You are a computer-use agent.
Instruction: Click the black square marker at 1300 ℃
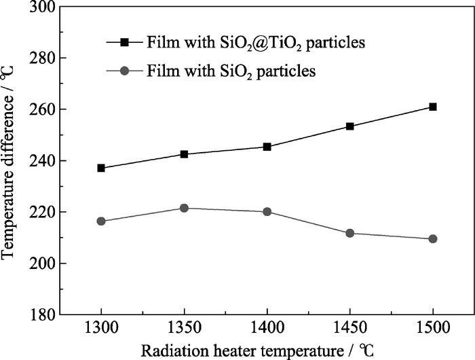tap(101, 168)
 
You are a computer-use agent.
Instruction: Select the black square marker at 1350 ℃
tap(184, 154)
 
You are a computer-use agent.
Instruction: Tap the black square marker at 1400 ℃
tap(267, 147)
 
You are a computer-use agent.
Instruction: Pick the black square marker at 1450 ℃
tap(350, 126)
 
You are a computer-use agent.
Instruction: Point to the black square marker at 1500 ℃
tap(433, 107)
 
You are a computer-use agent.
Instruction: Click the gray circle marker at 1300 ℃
tap(101, 221)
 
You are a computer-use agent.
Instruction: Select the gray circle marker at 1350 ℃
tap(184, 208)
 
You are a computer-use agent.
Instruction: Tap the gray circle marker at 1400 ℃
tap(267, 212)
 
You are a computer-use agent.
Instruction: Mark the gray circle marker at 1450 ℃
tap(350, 233)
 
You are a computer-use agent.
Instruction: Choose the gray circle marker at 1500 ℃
tap(433, 239)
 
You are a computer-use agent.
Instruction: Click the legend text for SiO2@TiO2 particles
tap(256, 43)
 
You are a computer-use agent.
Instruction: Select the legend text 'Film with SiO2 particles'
tap(231, 71)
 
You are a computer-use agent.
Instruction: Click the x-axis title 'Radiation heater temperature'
tap(258, 350)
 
